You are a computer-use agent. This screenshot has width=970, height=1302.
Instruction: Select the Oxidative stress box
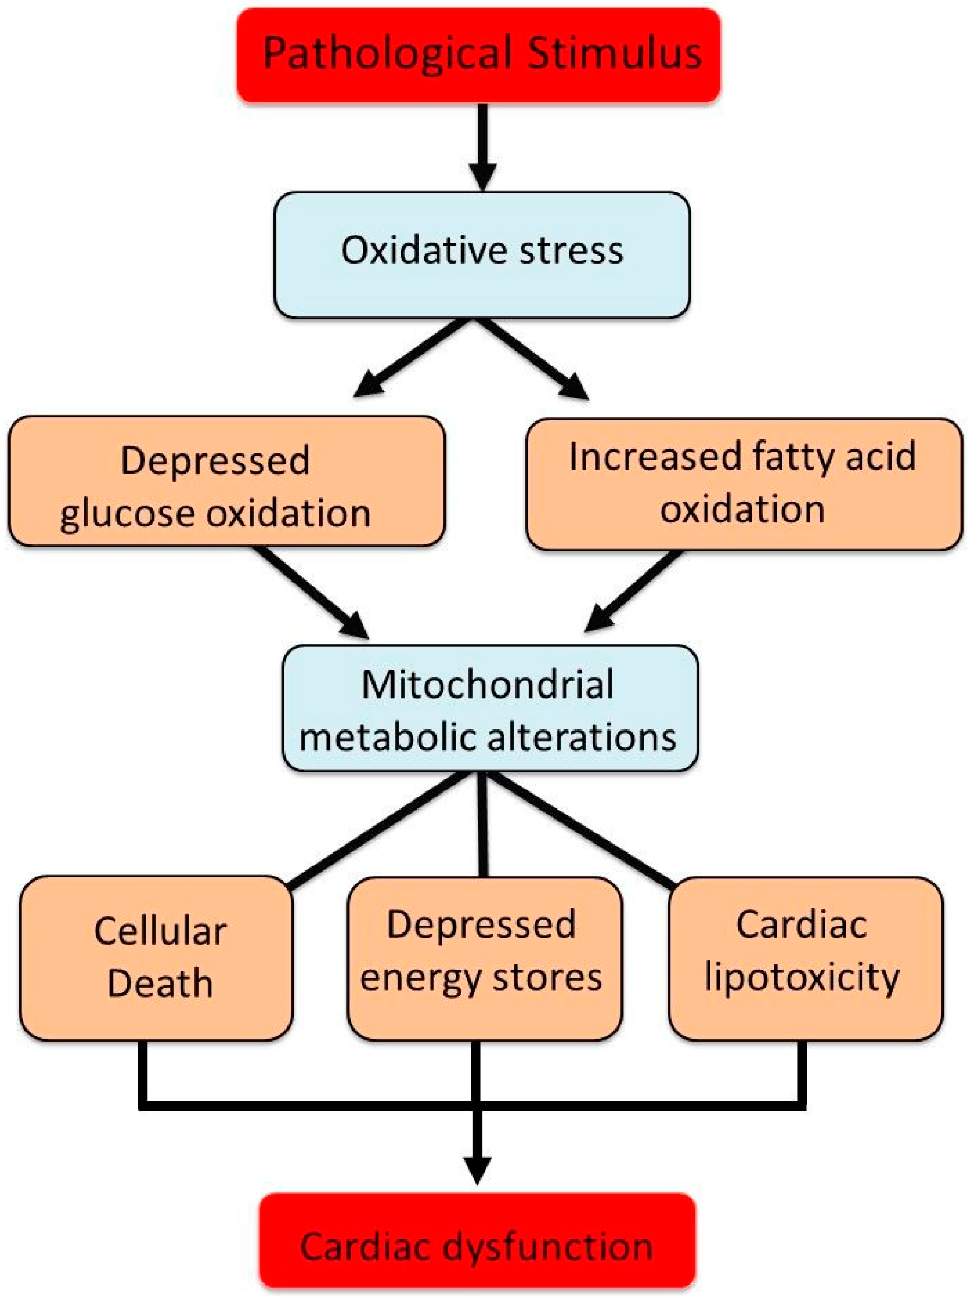[x=482, y=254]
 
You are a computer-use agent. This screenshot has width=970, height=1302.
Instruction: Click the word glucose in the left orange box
[x=128, y=514]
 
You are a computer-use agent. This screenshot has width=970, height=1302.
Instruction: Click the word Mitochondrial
[x=487, y=684]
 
